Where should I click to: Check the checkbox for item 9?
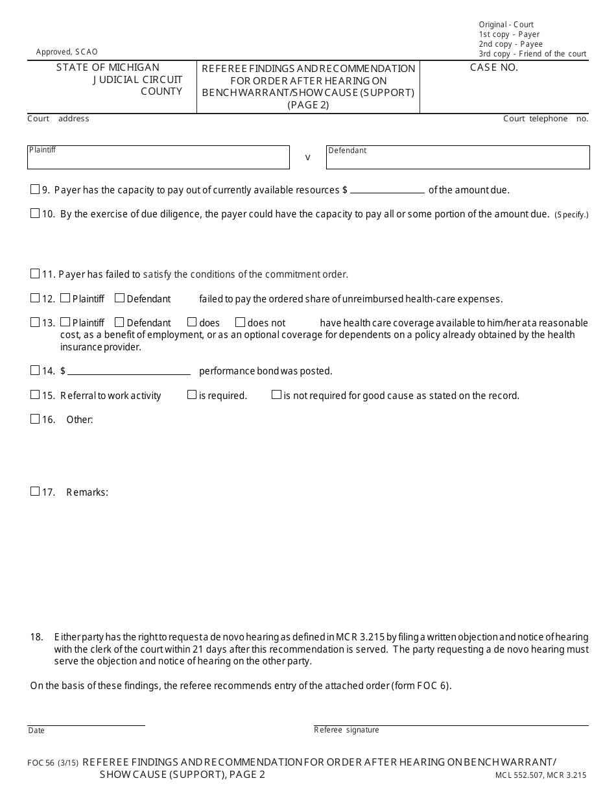[35, 190]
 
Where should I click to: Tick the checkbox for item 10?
[35, 213]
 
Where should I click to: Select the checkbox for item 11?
[35, 274]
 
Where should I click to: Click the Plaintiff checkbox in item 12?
[65, 298]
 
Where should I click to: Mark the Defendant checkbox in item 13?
[119, 322]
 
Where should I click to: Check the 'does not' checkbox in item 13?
[240, 322]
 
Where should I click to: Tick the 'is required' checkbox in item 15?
[192, 394]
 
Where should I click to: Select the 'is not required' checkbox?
[276, 394]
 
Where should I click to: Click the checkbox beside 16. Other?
[35, 419]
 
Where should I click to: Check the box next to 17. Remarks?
[35, 492]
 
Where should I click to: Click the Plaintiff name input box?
[158, 158]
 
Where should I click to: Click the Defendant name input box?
[458, 158]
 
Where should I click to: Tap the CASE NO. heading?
[494, 67]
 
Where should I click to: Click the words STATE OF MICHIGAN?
[108, 67]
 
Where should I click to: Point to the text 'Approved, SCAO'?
[67, 52]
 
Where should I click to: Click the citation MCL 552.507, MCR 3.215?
[540, 775]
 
